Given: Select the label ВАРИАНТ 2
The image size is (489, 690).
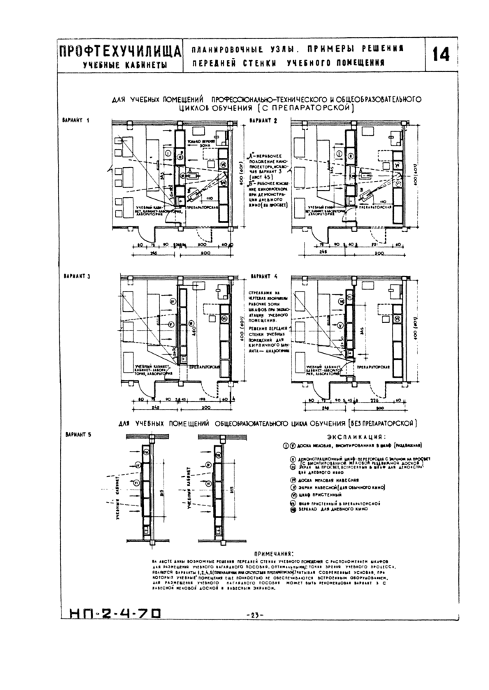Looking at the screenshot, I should tap(260, 121).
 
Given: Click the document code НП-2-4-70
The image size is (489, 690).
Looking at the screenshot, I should tap(115, 614).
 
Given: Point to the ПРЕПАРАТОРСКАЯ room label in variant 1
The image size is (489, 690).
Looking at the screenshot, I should tap(199, 208).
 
